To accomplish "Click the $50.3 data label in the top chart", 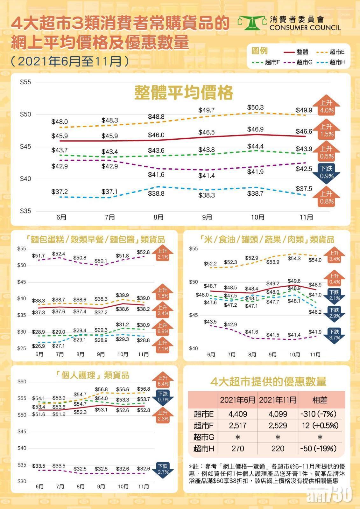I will tap(255, 108).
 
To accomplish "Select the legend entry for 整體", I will tap(296, 52).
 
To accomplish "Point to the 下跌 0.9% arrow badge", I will tap(327, 172).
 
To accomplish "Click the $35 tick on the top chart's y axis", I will tap(25, 211).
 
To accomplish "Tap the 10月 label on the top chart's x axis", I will tap(258, 218).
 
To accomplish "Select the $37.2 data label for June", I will tap(60, 192).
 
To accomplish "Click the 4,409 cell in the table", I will tap(238, 414).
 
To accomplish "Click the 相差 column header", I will tap(320, 400).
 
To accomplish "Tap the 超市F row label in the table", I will tap(204, 426).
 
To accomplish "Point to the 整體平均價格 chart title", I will tap(184, 93).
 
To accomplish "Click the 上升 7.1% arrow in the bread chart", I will tap(163, 345).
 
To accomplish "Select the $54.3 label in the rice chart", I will tap(294, 259).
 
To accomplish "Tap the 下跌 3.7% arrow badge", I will tap(335, 335).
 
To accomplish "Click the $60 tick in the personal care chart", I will tap(22, 382).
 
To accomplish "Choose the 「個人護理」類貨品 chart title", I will tap(92, 375).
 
